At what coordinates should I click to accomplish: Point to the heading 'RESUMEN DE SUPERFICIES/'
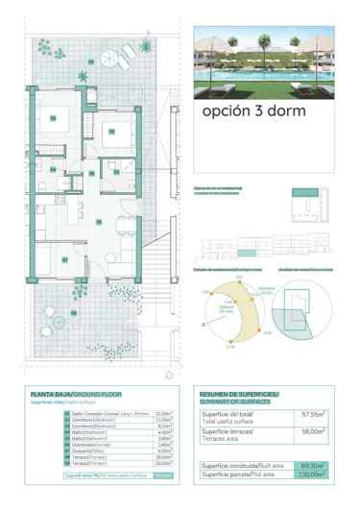[x=238, y=395]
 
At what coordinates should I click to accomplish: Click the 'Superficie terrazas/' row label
[x=227, y=432]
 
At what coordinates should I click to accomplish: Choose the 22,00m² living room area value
[x=162, y=412]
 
